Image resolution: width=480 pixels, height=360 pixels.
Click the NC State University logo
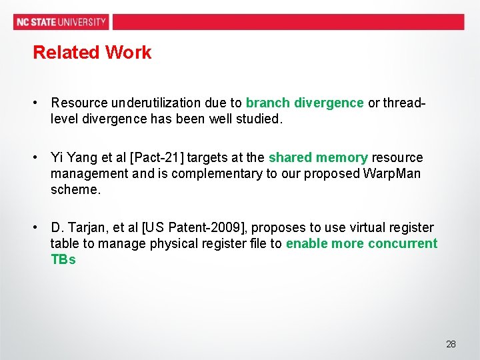click(x=61, y=21)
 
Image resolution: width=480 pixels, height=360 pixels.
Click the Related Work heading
click(x=92, y=53)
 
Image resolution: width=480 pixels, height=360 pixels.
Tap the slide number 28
click(x=451, y=344)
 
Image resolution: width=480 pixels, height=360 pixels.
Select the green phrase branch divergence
click(x=305, y=103)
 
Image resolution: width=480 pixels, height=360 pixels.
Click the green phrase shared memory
click(x=317, y=158)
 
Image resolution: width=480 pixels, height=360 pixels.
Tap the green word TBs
click(x=63, y=260)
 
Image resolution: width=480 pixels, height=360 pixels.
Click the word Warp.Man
click(x=393, y=173)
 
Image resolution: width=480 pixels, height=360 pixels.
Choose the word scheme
click(x=75, y=189)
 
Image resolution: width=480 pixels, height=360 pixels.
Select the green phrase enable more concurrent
click(x=361, y=244)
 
